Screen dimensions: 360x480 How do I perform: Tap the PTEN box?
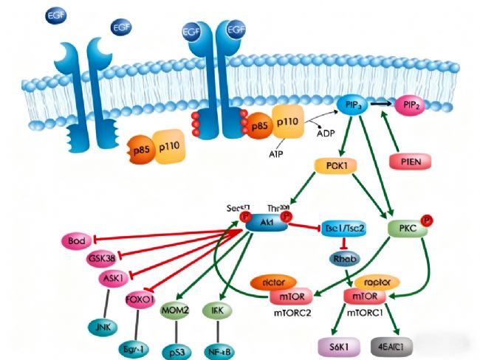(x=408, y=160)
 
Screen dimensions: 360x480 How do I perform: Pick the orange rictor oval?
(x=275, y=283)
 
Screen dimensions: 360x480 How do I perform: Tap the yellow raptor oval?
(x=377, y=283)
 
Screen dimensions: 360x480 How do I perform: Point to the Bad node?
(x=77, y=240)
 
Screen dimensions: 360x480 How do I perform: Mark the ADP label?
(x=326, y=134)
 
